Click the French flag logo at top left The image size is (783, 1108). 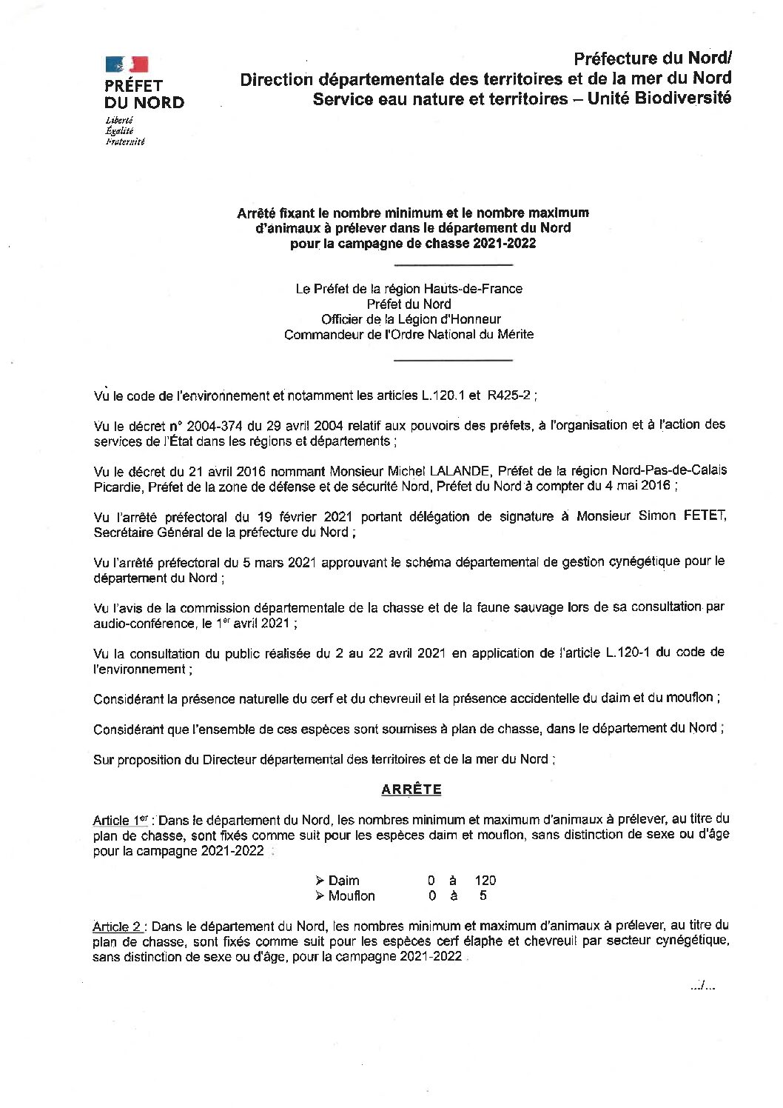(x=127, y=65)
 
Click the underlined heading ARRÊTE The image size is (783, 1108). (x=411, y=790)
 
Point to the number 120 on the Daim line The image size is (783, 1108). (x=485, y=881)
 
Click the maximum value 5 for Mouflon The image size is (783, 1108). (x=483, y=895)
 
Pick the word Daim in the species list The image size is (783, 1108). (x=343, y=881)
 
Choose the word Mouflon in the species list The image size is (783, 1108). (x=352, y=895)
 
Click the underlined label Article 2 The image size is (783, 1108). (x=117, y=926)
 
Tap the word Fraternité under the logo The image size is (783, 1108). (x=124, y=141)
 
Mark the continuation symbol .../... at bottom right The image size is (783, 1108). (x=701, y=986)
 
